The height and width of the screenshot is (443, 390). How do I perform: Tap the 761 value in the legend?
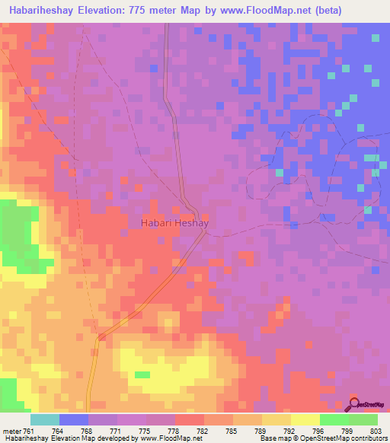28,431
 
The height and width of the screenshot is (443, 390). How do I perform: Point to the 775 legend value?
144,431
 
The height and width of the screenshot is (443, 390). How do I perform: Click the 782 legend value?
202,431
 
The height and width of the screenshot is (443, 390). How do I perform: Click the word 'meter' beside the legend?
11,431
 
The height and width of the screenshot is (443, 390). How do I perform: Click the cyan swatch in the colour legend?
45,419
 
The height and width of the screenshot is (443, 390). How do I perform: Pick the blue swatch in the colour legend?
74,419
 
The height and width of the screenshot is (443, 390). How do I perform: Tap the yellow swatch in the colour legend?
305,419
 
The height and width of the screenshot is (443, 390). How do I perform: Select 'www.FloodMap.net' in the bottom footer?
166,439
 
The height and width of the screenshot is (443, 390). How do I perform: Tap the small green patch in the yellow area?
142,374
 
